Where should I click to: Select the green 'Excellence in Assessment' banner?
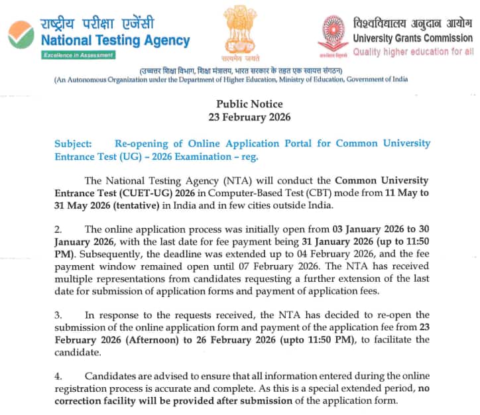tap(78, 55)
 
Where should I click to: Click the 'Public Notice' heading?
tap(249, 104)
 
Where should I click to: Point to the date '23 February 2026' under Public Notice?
tap(249, 117)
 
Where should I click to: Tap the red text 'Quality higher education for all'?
tap(413, 52)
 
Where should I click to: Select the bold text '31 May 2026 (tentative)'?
tap(105, 206)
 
